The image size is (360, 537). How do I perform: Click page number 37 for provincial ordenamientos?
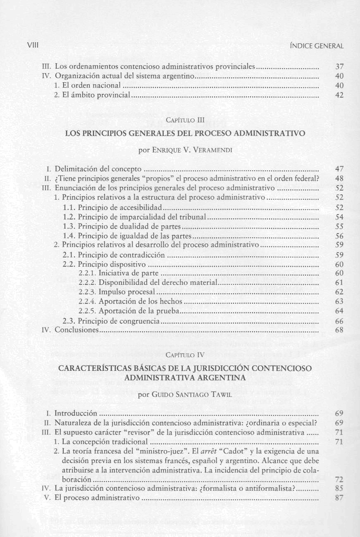click(340, 67)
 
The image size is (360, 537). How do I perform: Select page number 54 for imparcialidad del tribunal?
click(340, 217)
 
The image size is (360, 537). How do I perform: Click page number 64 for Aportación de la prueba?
click(340, 311)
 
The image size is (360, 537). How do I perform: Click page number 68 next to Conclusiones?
click(340, 330)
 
